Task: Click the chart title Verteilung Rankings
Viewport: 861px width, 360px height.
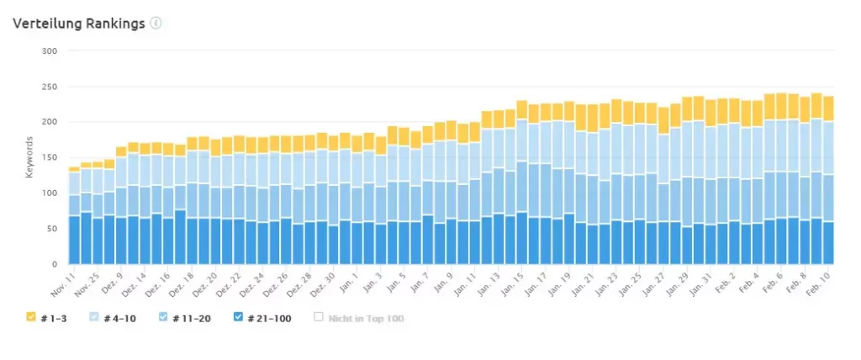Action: point(79,23)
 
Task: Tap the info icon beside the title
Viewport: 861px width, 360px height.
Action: point(156,23)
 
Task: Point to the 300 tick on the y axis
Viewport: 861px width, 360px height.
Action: point(50,51)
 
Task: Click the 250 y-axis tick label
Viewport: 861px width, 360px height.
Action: point(50,87)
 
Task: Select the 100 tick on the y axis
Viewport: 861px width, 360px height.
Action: point(50,193)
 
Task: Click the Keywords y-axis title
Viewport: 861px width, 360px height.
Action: point(29,157)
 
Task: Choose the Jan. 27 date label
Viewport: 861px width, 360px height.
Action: point(659,279)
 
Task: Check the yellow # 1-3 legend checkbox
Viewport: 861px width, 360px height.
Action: point(31,317)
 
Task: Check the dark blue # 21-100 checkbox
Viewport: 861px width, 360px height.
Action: point(239,317)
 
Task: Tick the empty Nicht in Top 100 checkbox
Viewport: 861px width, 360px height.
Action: point(319,317)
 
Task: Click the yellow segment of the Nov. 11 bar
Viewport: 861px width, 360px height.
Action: point(74,169)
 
